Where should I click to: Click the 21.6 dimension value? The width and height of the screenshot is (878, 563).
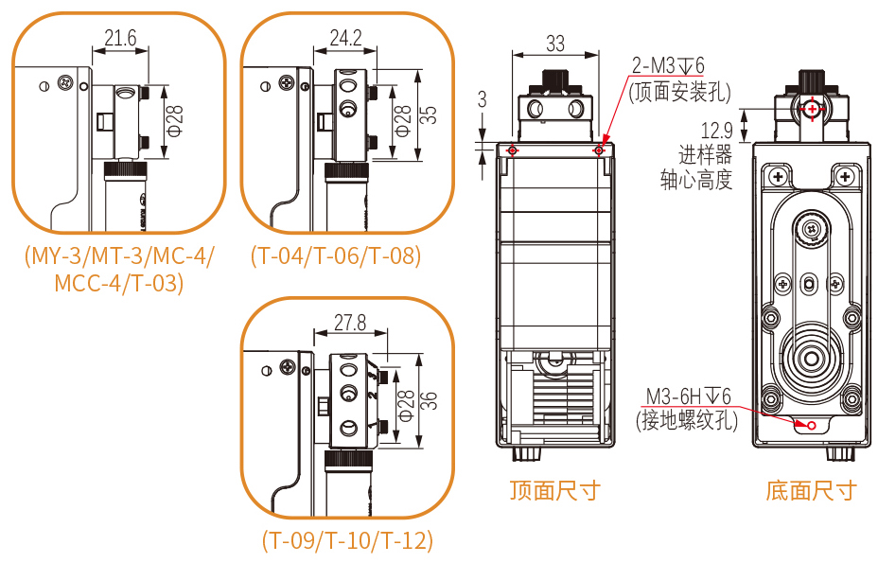coord(121,38)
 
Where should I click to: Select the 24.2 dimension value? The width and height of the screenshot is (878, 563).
coord(345,38)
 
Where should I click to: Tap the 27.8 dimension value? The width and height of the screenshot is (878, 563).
coord(350,322)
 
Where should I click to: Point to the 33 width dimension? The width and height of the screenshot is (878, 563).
coord(555,43)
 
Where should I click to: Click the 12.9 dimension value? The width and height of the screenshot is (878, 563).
coord(716,131)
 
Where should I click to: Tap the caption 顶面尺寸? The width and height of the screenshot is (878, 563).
coord(554,489)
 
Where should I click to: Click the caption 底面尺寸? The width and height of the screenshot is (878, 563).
coord(811,489)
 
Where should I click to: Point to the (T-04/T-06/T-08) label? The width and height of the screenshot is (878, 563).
coord(336,255)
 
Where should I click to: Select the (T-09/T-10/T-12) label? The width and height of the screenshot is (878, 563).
coord(348,540)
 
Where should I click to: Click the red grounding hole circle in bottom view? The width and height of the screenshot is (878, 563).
coord(811,425)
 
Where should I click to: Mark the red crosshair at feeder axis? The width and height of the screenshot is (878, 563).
coord(812,109)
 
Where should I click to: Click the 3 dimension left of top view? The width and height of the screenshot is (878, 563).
coord(483,99)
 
